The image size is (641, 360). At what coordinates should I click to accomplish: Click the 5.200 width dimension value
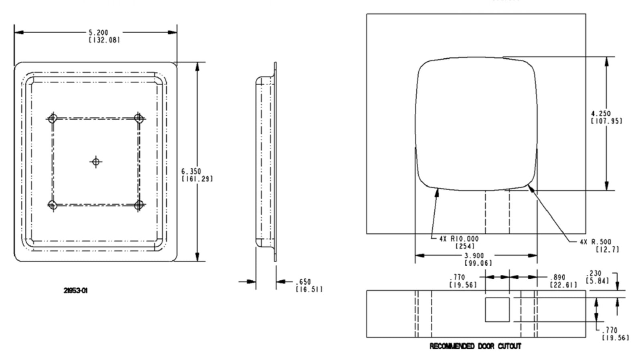tap(99, 32)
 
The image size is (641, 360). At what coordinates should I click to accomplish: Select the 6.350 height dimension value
tap(191, 171)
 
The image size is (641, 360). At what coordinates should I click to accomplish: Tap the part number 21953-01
tap(75, 290)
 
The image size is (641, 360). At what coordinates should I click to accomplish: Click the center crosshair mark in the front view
tap(95, 162)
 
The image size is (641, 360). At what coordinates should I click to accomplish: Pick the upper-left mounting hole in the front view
tap(52, 119)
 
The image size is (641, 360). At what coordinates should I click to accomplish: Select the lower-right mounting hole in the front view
tap(139, 205)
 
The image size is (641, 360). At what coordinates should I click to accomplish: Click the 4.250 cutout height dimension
tap(601, 113)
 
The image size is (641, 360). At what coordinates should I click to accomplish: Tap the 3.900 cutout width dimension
tap(474, 255)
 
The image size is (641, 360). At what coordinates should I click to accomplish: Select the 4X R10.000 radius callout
tap(459, 239)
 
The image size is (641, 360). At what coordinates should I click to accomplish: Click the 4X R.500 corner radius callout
tap(595, 242)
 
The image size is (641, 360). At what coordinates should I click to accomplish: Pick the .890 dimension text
tap(557, 277)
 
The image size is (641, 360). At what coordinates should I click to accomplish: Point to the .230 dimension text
tap(595, 273)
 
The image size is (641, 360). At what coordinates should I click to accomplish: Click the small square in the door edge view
tap(497, 310)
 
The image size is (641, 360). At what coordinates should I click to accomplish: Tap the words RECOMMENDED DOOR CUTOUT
tap(475, 346)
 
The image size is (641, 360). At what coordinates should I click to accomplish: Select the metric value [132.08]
tap(104, 40)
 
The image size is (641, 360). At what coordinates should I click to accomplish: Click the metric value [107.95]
tap(607, 121)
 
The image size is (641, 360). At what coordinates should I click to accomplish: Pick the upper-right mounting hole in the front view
tap(139, 119)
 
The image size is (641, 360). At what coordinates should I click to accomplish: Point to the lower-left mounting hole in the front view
tap(52, 205)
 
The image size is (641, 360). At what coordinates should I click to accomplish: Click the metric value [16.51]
tap(308, 289)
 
